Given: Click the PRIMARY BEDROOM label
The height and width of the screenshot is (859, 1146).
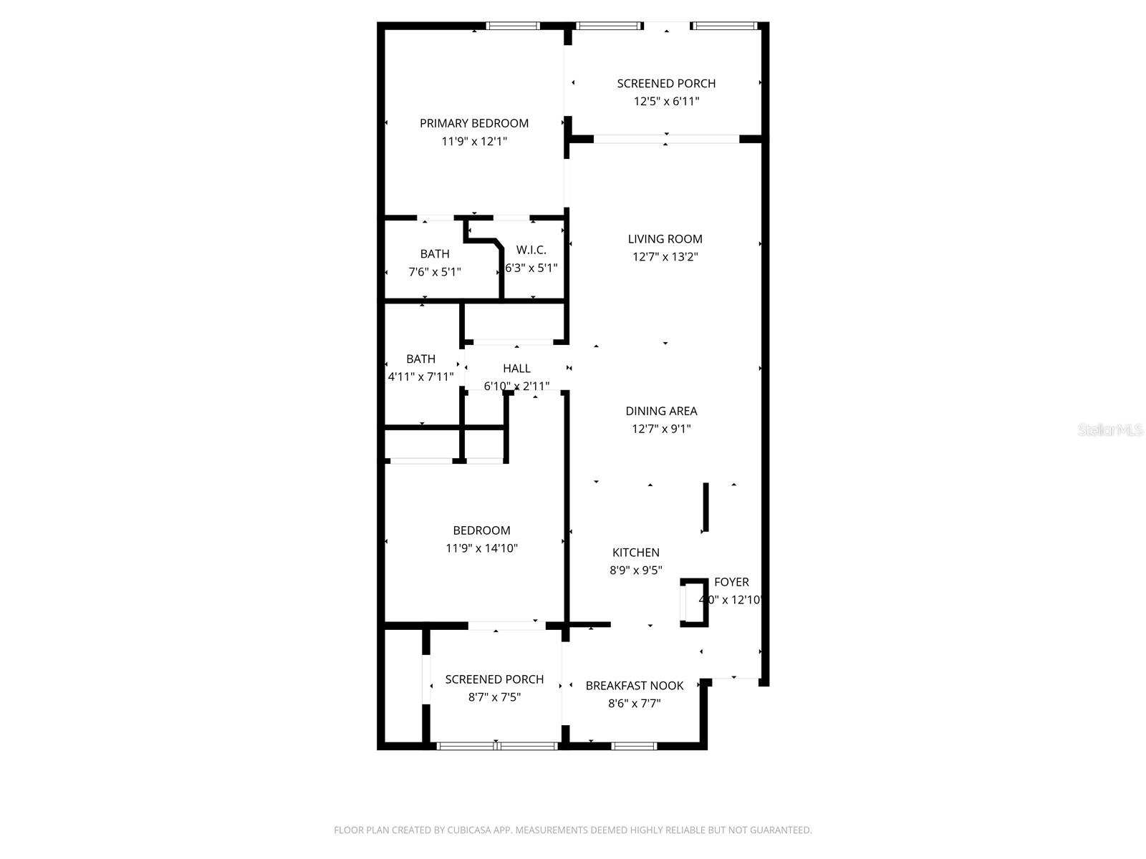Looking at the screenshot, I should coord(473,123).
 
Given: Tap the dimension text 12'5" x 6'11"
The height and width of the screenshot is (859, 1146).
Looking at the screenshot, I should coord(666,102).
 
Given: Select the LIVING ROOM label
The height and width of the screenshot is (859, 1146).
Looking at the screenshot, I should coord(665,239).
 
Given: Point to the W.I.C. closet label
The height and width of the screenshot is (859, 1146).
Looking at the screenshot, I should coord(531,250).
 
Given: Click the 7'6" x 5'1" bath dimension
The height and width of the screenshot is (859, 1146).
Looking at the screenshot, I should coord(435,272).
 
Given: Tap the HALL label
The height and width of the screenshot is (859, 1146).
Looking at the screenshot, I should coord(516,369).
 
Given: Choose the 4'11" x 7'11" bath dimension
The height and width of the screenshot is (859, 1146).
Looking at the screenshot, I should coord(420,377).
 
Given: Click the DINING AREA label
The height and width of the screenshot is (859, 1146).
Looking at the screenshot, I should coord(661,411).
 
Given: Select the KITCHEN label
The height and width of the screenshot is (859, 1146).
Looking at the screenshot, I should coord(635,553).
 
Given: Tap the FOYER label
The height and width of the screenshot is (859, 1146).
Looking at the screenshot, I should coord(731,583).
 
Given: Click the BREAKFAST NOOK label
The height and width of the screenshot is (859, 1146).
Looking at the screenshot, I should coord(634,686).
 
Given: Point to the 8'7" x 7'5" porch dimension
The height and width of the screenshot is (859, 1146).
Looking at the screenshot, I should coord(494,697).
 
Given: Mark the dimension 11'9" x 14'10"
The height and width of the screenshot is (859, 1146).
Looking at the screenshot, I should coord(481,548).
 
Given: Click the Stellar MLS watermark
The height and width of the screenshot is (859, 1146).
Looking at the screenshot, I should coord(1109,430).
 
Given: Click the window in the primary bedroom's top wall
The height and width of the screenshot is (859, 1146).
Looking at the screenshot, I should coord(512,26).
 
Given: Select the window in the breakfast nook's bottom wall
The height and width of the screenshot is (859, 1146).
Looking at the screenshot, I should coord(634,746).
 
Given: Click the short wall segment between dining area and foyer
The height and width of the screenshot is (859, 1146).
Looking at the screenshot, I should coord(706,507).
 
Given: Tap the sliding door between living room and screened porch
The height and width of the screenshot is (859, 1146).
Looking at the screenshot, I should coord(666,139).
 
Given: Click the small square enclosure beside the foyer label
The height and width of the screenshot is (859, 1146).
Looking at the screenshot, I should coord(693,603).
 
